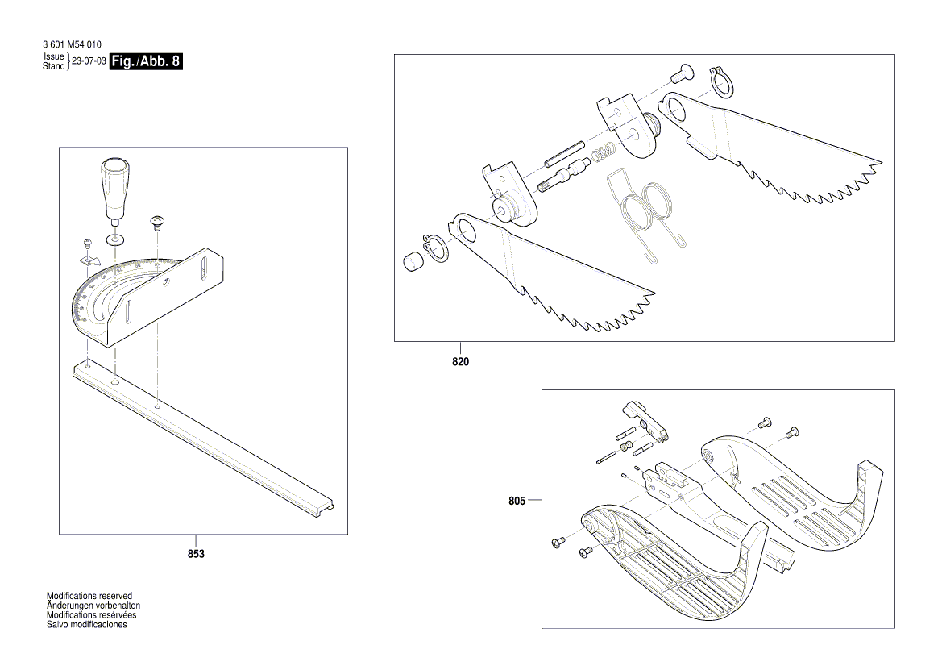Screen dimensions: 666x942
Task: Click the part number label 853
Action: [195, 554]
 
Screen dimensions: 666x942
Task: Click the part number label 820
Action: [459, 362]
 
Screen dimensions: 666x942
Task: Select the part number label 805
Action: [517, 501]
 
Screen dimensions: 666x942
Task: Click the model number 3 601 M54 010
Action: [72, 44]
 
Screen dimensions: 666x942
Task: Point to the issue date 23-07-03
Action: [89, 61]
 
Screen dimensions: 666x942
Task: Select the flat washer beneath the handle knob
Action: [117, 239]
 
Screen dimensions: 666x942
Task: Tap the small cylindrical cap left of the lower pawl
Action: [412, 261]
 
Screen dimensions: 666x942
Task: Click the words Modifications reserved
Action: [89, 596]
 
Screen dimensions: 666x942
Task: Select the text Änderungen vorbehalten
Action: [93, 606]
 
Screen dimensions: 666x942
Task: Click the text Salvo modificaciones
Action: [87, 625]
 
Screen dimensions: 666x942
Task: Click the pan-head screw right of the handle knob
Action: [157, 221]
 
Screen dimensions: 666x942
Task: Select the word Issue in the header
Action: [53, 56]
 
